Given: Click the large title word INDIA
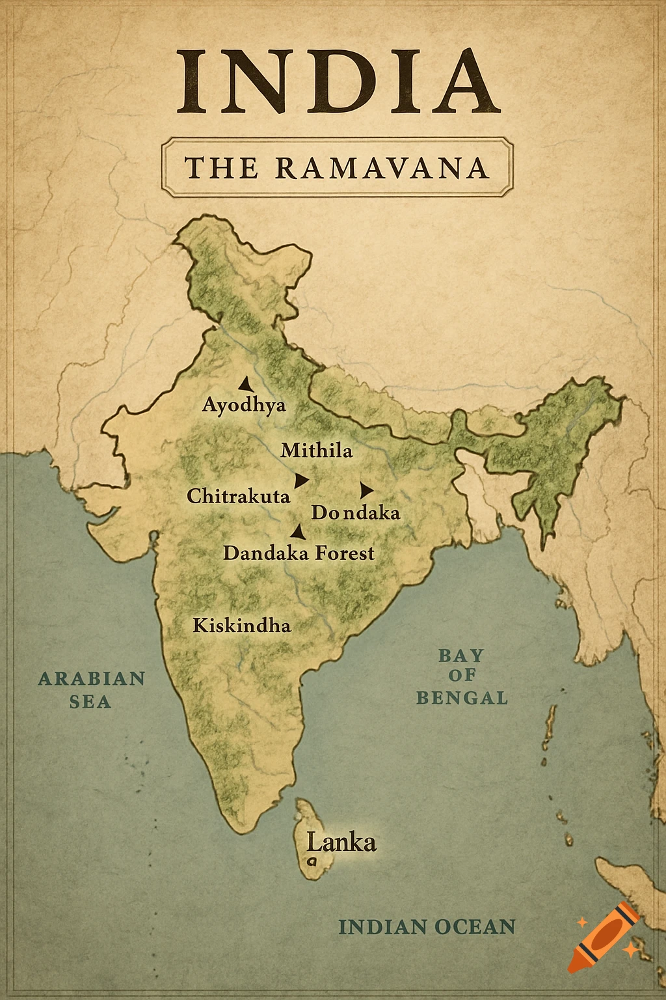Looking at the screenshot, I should pyautogui.click(x=338, y=80).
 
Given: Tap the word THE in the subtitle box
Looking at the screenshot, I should pyautogui.click(x=221, y=168).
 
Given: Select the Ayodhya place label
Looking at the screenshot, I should pyautogui.click(x=244, y=405).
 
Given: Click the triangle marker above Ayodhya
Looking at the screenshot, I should pyautogui.click(x=245, y=384).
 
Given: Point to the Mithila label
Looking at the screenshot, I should pyautogui.click(x=317, y=450).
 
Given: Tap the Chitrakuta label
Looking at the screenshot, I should pyautogui.click(x=238, y=496).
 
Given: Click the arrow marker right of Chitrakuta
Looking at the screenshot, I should pyautogui.click(x=300, y=480).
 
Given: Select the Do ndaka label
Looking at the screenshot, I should pyautogui.click(x=355, y=512).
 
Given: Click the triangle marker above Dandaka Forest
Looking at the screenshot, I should pyautogui.click(x=299, y=532).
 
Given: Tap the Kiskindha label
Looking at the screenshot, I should pyautogui.click(x=242, y=626).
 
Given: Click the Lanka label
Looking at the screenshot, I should pyautogui.click(x=341, y=842).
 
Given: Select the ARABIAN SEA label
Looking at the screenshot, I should pyautogui.click(x=91, y=689).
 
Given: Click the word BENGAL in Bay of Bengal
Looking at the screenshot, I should pyautogui.click(x=462, y=698).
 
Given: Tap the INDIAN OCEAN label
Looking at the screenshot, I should pyautogui.click(x=427, y=927).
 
